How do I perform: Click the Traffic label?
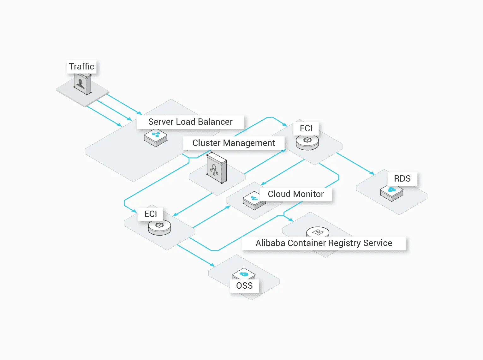pyautogui.click(x=81, y=67)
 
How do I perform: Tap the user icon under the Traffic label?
pyautogui.click(x=82, y=84)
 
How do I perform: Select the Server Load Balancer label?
pyautogui.click(x=190, y=122)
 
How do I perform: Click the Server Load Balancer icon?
pyautogui.click(x=156, y=138)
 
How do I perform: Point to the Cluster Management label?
pyautogui.click(x=234, y=143)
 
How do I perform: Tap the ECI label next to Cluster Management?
pyautogui.click(x=306, y=129)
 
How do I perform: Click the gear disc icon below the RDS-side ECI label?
pyautogui.click(x=307, y=142)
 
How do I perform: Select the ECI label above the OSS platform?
pyautogui.click(x=151, y=214)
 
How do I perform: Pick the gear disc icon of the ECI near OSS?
pyautogui.click(x=159, y=227)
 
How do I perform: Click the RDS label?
pyautogui.click(x=402, y=179)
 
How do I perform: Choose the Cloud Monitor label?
pyautogui.click(x=296, y=194)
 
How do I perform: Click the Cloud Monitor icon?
pyautogui.click(x=254, y=200)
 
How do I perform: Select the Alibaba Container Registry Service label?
pyautogui.click(x=324, y=243)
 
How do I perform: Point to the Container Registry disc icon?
pyautogui.click(x=318, y=232)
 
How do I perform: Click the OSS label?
pyautogui.click(x=244, y=286)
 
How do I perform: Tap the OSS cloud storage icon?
pyautogui.click(x=243, y=274)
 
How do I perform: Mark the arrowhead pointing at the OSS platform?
pyautogui.click(x=212, y=265)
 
